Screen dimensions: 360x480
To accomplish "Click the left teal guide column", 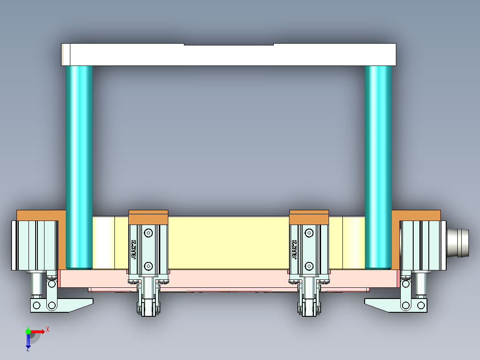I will pyautogui.click(x=79, y=165).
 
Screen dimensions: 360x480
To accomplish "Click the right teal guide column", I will pyautogui.click(x=378, y=165).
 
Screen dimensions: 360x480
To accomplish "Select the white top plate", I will pyautogui.click(x=228, y=55).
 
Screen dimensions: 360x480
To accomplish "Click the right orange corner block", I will pyautogui.click(x=416, y=215).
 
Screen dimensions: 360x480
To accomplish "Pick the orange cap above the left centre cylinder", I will pyautogui.click(x=148, y=217).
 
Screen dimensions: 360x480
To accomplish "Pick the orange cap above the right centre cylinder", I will pyautogui.click(x=309, y=217).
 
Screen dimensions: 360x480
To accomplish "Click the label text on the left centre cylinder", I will pyautogui.click(x=133, y=250).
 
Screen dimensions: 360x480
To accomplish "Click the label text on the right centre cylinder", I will pyautogui.click(x=294, y=250).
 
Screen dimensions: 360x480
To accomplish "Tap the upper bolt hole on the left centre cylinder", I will pyautogui.click(x=148, y=233).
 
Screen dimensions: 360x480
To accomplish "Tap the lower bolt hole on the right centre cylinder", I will pyautogui.click(x=309, y=266).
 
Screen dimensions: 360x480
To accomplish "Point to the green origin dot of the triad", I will pyautogui.click(x=28, y=331).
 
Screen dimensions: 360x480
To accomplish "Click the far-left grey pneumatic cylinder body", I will pyautogui.click(x=35, y=245).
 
